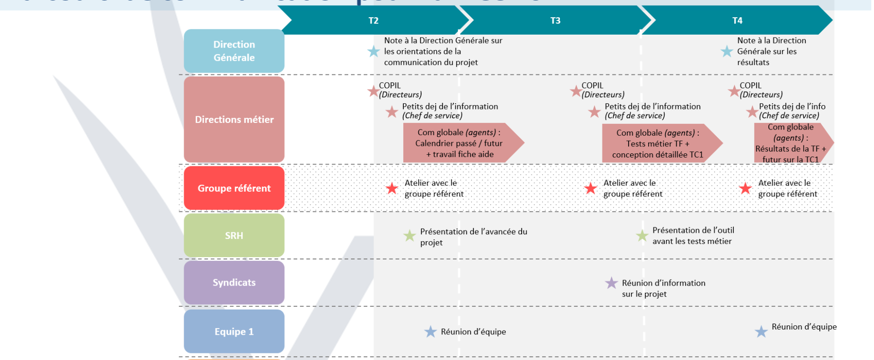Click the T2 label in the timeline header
tap(373, 21)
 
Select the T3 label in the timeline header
tap(555, 21)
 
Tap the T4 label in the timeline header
tap(737, 21)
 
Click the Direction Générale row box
tap(234, 51)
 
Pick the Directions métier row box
tap(234, 120)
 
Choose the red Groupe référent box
tap(234, 188)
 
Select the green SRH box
tap(234, 236)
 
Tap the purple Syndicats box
tap(234, 282)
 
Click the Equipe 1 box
tap(234, 331)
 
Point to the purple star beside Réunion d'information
tap(611, 283)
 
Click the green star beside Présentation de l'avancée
tap(409, 236)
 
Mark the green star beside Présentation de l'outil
tap(642, 236)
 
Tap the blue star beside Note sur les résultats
tap(727, 51)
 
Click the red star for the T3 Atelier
tap(591, 188)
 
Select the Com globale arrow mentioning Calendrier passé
tap(460, 143)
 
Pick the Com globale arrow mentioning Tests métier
tap(659, 144)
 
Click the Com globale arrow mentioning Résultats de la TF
tap(791, 143)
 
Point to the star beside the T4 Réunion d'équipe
tap(761, 331)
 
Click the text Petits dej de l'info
tap(792, 107)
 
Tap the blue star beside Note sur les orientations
tap(373, 51)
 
